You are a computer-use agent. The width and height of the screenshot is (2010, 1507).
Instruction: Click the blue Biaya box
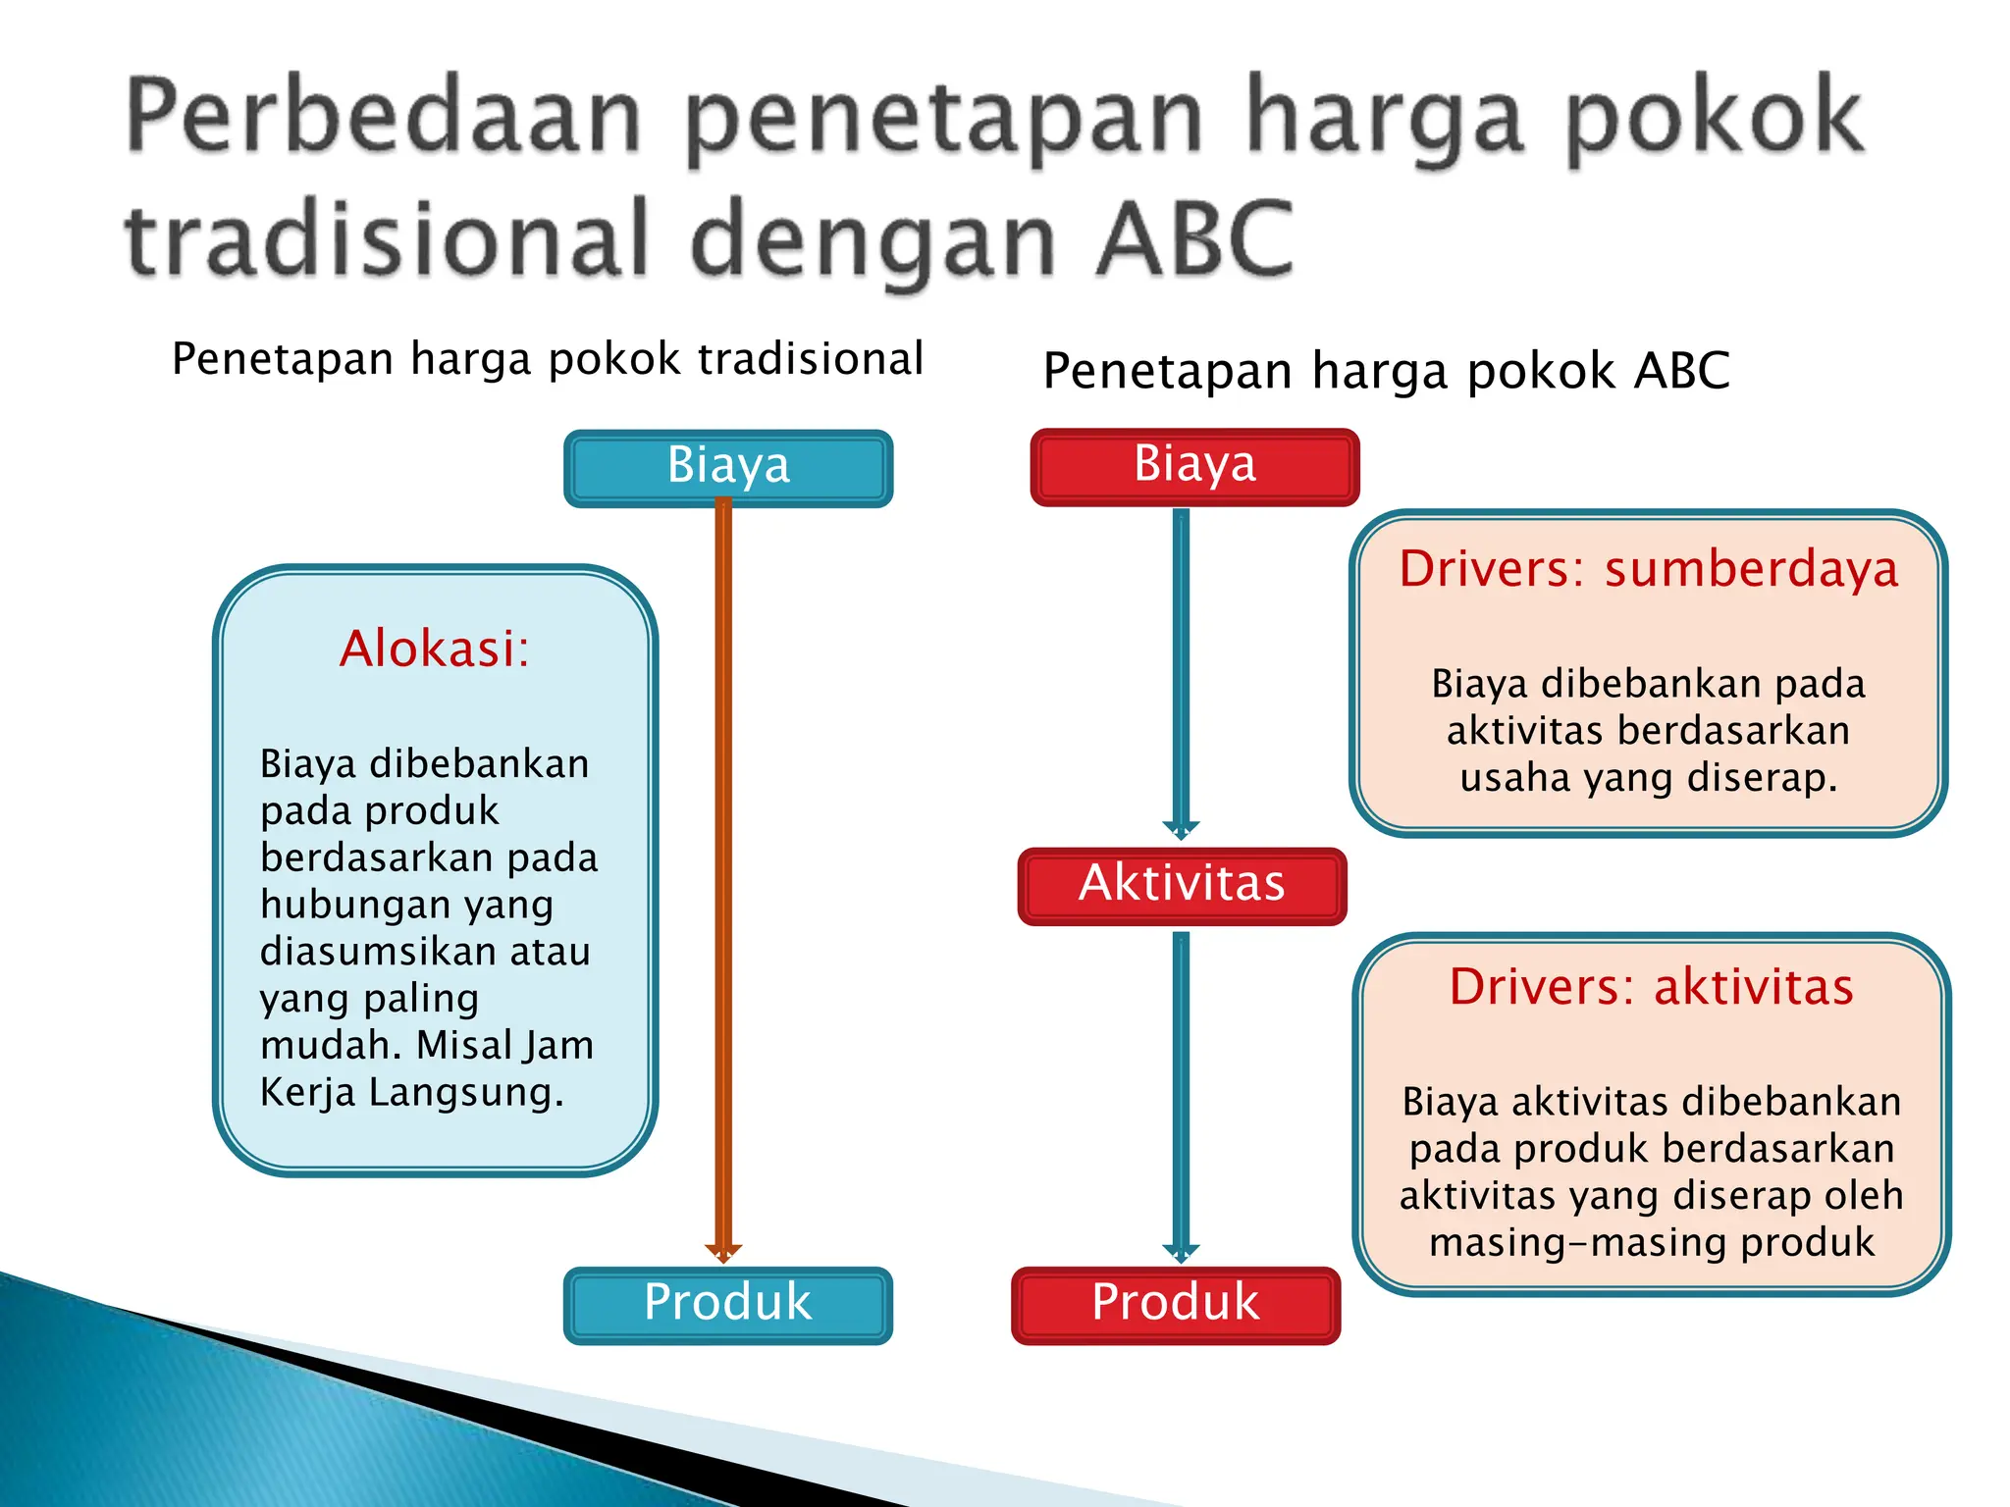(728, 467)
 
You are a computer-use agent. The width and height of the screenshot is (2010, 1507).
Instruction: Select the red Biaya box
(1194, 466)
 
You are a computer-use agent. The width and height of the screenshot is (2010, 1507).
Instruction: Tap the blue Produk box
(727, 1304)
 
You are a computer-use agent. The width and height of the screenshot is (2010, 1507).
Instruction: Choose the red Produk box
(1176, 1304)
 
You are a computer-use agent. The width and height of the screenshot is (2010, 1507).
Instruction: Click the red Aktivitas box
(1182, 885)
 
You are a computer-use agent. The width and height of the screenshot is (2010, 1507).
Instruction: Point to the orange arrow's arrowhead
(723, 1252)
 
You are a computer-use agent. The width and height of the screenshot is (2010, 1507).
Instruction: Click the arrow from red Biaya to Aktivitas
(1181, 667)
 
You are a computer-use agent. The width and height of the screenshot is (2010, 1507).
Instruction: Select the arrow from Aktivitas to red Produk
(1181, 1089)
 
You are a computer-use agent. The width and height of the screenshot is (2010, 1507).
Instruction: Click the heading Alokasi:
(434, 649)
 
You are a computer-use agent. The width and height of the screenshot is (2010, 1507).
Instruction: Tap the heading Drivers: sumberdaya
(1648, 569)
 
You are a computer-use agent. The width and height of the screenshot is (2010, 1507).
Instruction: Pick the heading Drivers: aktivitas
(1651, 987)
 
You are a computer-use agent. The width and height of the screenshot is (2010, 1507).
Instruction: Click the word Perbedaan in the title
(384, 118)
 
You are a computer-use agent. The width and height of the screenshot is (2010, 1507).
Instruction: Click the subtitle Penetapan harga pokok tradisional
(548, 359)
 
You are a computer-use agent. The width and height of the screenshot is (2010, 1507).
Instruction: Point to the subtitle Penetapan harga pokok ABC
(1386, 372)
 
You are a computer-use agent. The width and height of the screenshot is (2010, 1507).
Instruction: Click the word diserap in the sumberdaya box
(1762, 778)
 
